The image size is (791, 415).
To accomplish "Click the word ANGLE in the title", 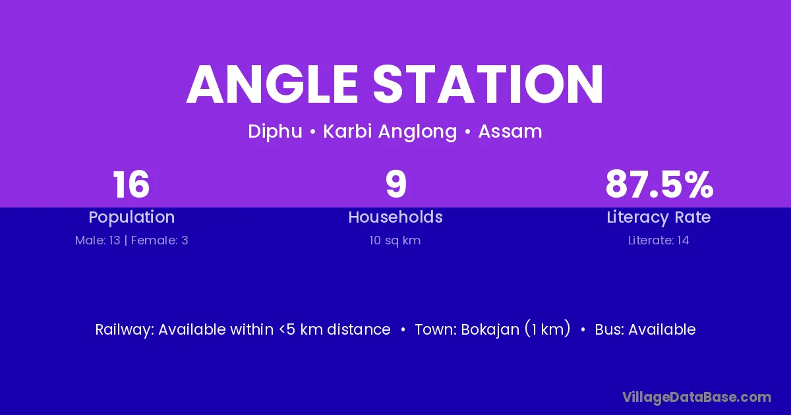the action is (x=272, y=84).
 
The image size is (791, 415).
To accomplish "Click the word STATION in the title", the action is (x=488, y=84).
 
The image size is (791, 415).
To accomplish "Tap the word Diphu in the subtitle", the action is (x=275, y=132).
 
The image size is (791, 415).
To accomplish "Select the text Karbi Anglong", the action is (x=390, y=132).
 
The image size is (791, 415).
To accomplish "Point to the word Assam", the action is (x=510, y=132).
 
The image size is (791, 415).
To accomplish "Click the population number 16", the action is (x=131, y=184).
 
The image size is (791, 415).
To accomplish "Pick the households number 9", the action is (x=396, y=184).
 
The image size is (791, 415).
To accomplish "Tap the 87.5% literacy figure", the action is (x=659, y=184).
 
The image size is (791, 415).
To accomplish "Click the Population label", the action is (x=132, y=217).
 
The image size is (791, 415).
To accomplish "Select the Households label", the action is (x=395, y=217).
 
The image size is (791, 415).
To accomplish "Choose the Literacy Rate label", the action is (x=659, y=217).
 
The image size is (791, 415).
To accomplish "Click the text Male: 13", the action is (x=98, y=240).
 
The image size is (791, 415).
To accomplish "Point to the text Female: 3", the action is (x=160, y=240).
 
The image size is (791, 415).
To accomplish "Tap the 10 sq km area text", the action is (x=395, y=240).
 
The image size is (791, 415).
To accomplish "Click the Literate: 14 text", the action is (x=659, y=240).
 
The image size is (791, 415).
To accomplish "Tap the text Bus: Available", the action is (x=645, y=329).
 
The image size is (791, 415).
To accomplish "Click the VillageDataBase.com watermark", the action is (x=697, y=397).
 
